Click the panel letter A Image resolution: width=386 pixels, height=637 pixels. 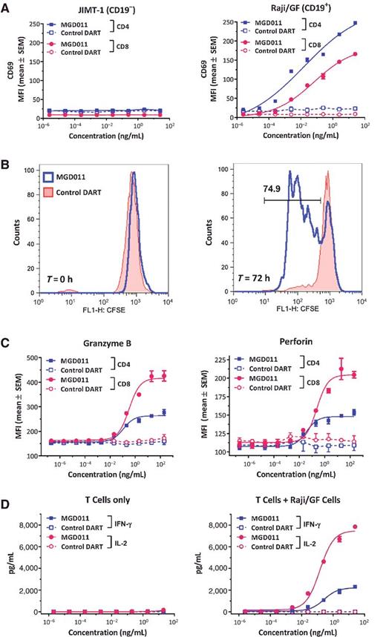click(6, 6)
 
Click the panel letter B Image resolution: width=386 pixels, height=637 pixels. click(6, 159)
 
